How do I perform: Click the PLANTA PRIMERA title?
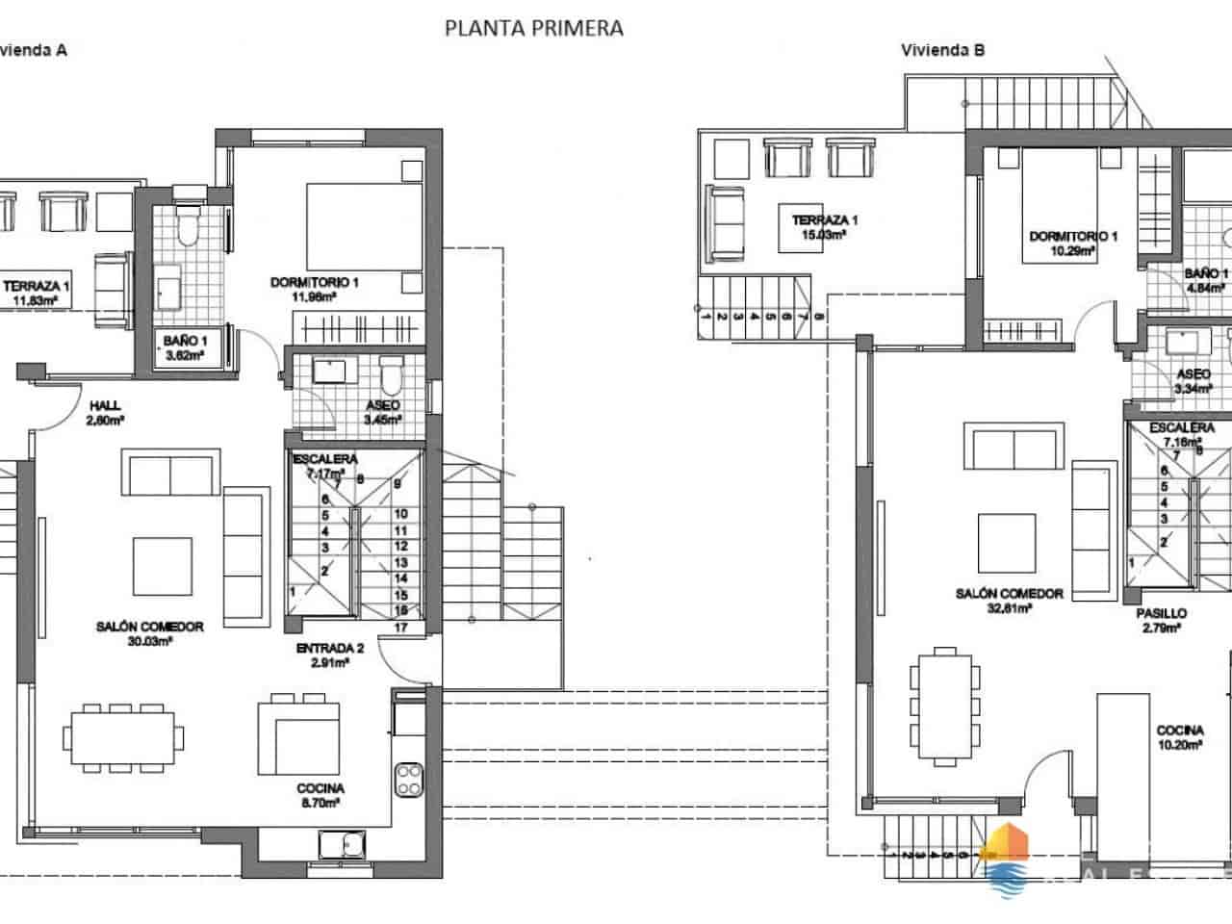click(533, 28)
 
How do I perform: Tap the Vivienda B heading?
click(942, 50)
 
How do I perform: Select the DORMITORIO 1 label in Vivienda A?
click(314, 283)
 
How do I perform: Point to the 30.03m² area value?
click(149, 641)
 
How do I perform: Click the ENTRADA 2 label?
click(329, 649)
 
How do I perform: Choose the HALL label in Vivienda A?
click(105, 405)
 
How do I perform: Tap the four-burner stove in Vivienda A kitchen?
click(409, 779)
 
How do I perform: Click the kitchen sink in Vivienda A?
click(342, 845)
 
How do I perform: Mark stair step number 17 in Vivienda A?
click(401, 628)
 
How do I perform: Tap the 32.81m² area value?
click(1009, 608)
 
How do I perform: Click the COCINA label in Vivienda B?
click(1180, 731)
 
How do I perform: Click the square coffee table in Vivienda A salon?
click(161, 566)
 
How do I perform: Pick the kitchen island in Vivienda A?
click(297, 737)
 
